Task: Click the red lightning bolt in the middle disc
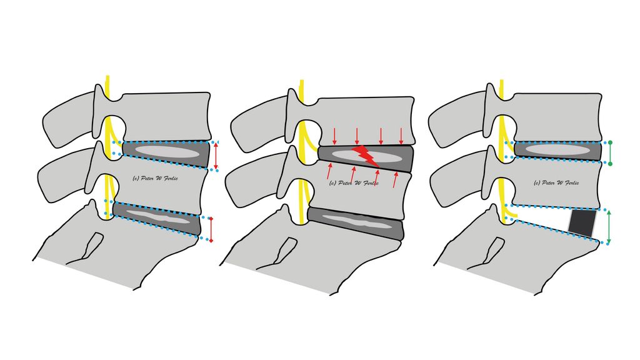click(366, 156)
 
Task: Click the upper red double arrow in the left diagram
click(216, 155)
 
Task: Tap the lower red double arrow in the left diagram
click(211, 229)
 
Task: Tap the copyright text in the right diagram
click(556, 183)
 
